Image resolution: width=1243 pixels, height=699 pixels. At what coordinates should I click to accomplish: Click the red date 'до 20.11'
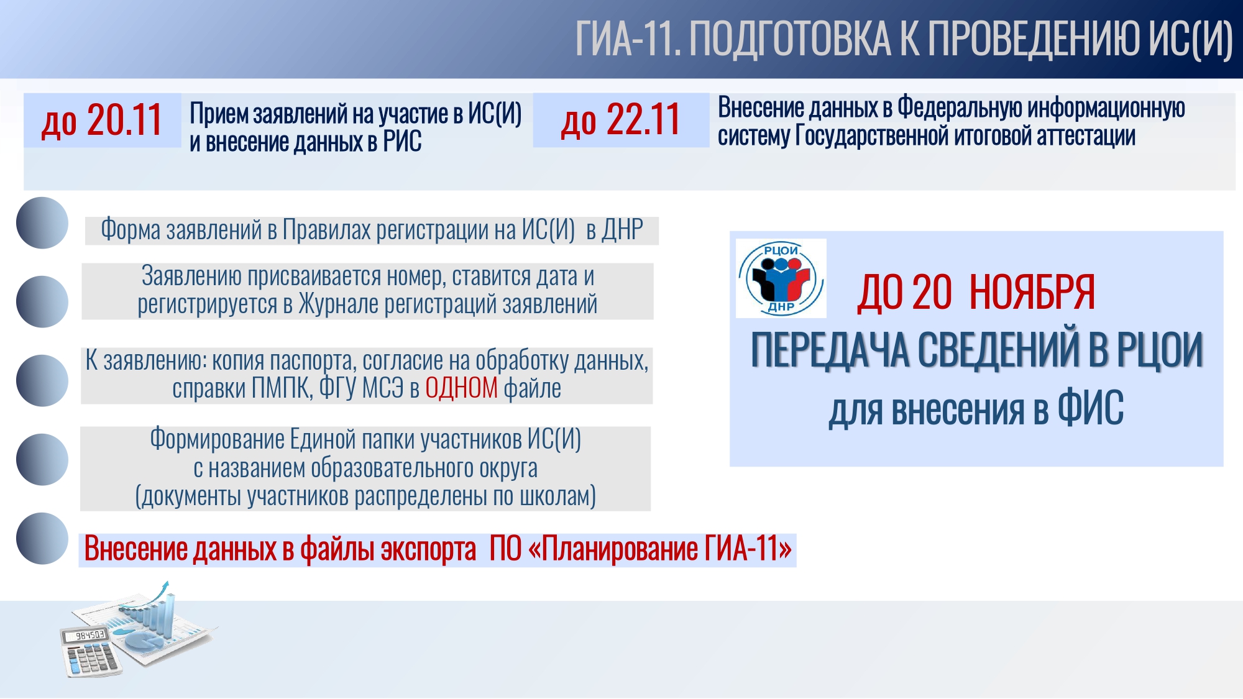point(102,120)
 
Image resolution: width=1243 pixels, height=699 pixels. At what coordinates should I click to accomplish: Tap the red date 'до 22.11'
point(621,120)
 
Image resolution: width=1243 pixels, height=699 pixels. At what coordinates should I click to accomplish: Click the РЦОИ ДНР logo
point(781,278)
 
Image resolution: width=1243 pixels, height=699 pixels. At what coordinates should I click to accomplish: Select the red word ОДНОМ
point(461,388)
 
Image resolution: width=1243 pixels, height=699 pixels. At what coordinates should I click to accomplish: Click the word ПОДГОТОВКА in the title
point(789,39)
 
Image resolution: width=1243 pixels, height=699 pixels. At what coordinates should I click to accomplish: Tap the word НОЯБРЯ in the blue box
point(1032,292)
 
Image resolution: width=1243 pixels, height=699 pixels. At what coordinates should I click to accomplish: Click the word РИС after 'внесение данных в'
point(402,142)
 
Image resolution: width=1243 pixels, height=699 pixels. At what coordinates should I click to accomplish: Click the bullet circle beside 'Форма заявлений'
point(42,223)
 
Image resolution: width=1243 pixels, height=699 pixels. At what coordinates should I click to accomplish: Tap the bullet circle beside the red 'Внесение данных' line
point(42,539)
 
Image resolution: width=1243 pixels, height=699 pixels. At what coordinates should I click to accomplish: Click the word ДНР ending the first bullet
point(623,229)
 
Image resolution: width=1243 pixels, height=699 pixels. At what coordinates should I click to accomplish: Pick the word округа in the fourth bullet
point(508,468)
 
